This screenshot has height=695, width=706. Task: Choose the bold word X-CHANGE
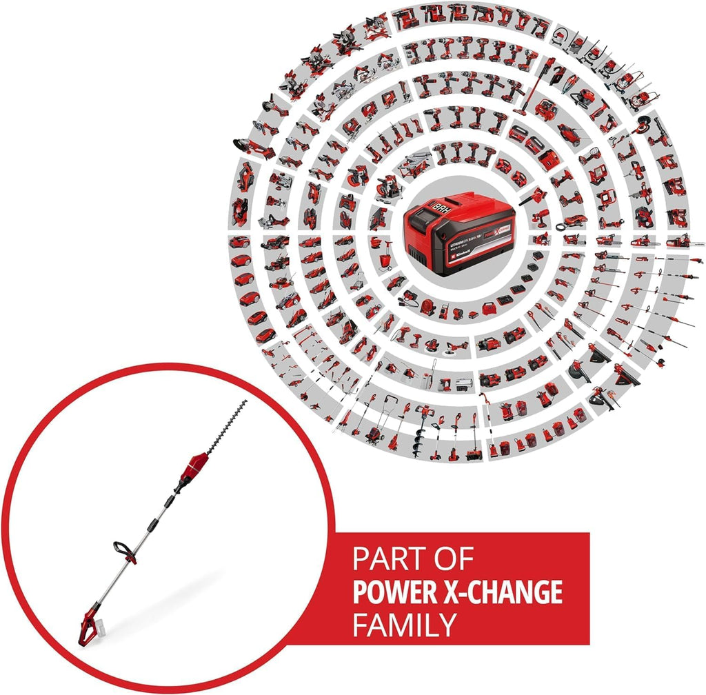coord(503,592)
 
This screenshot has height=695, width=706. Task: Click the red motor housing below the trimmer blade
coord(197,463)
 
